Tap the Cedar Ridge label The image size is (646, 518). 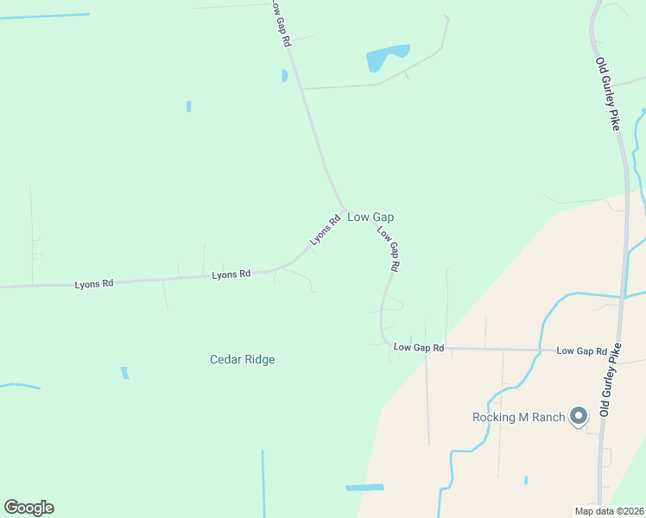click(242, 359)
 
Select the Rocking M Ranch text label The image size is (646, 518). click(518, 418)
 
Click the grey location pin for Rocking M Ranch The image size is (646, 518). click(579, 417)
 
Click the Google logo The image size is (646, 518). click(28, 508)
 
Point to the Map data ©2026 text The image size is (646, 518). click(608, 511)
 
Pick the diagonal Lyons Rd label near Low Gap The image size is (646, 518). click(326, 230)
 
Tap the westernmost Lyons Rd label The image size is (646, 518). click(94, 283)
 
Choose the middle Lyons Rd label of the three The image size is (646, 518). click(231, 274)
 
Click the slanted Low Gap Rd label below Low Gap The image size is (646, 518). click(388, 250)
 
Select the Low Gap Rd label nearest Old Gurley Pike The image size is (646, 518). click(581, 351)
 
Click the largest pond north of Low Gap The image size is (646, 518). click(385, 57)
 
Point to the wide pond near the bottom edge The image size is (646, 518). click(364, 488)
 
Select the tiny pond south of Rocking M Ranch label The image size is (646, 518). click(525, 480)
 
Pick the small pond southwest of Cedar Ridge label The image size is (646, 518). click(125, 373)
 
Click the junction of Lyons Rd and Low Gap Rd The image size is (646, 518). click(345, 209)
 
